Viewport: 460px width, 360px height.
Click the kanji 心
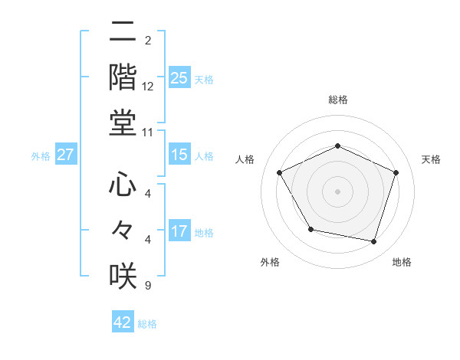[123, 185]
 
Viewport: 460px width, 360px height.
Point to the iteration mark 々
[123, 231]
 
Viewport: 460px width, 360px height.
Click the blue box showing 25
[179, 77]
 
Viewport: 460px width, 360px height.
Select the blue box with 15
[179, 155]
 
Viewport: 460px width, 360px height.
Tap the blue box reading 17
[179, 231]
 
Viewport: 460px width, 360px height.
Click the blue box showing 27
[66, 155]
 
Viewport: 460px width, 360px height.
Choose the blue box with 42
[123, 322]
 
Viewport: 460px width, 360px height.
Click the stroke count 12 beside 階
[148, 87]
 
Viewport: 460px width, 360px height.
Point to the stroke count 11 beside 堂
[148, 132]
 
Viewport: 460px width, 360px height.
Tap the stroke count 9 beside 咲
[147, 286]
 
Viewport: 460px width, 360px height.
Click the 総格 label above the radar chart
[338, 100]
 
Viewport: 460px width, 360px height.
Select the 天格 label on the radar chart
[432, 159]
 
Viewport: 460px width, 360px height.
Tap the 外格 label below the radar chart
[270, 262]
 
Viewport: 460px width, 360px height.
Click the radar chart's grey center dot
[338, 191]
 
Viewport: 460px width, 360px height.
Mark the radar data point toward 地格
[374, 241]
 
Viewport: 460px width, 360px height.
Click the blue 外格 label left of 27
[41, 155]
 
